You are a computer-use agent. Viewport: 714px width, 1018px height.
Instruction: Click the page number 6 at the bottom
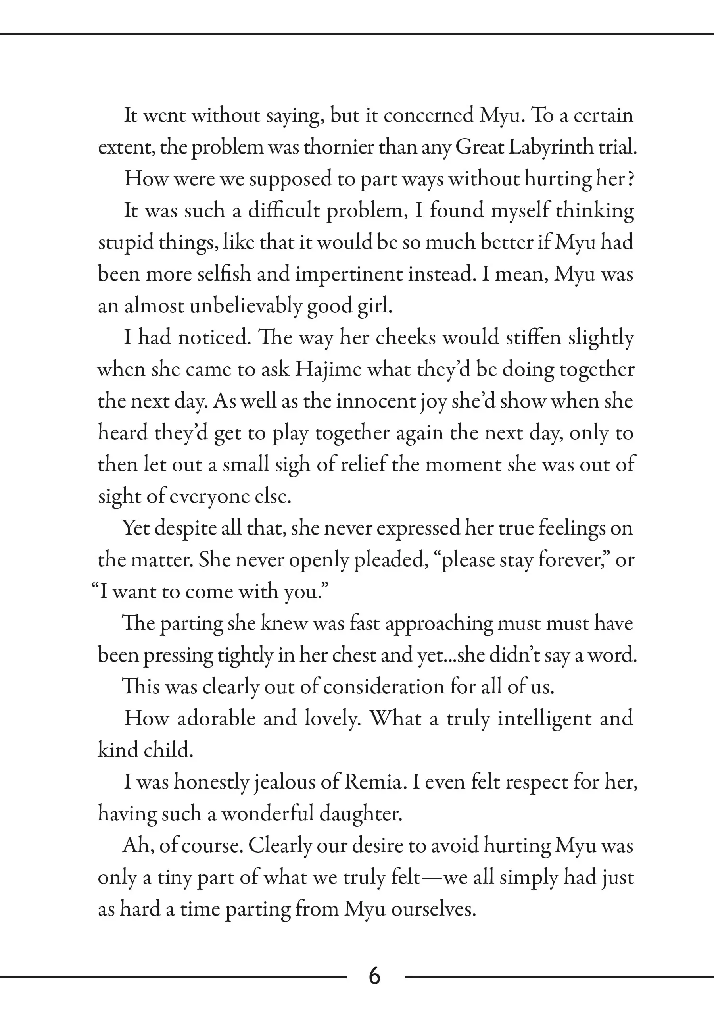(374, 976)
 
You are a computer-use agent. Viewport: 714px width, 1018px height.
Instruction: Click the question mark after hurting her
(631, 179)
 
